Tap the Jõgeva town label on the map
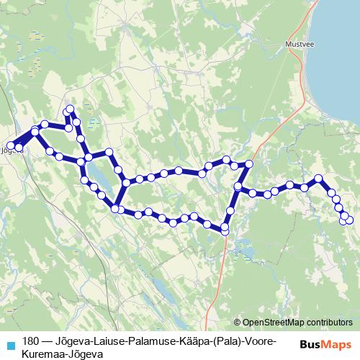click(x=14, y=151)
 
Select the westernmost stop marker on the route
click(x=10, y=146)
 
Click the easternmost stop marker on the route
click(x=350, y=220)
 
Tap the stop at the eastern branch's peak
click(x=318, y=178)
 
